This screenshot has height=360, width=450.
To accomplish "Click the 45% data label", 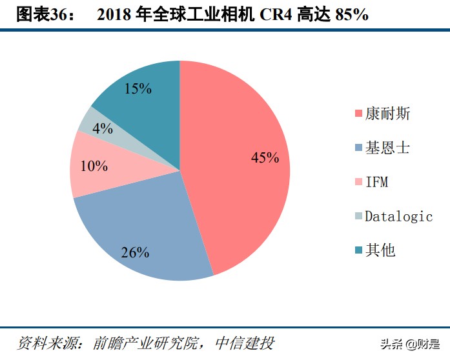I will pyautogui.click(x=265, y=157).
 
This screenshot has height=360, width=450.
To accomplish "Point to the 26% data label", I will pyautogui.click(x=135, y=252).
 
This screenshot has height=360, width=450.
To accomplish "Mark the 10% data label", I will pyautogui.click(x=94, y=166).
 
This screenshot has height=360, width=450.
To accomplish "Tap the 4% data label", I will pyautogui.click(x=103, y=128).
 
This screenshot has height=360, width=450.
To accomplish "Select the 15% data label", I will pyautogui.click(x=138, y=89).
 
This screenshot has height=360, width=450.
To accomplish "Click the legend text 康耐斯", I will pyautogui.click(x=387, y=114).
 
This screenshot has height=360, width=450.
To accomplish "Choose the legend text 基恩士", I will pyautogui.click(x=387, y=148).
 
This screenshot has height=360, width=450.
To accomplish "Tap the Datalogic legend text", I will pyautogui.click(x=398, y=217).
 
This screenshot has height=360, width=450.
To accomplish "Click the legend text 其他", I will pyautogui.click(x=380, y=250).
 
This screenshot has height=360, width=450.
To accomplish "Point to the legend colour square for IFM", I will pyautogui.click(x=358, y=183).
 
